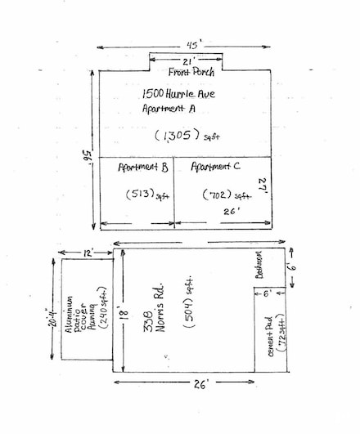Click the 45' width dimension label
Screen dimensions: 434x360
tap(188, 46)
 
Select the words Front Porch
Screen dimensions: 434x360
tap(191, 72)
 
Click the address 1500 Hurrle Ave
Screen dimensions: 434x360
tap(178, 95)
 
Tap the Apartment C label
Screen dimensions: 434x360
tap(215, 167)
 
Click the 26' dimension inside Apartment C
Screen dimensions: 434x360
tap(232, 210)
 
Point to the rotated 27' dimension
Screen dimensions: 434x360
tap(264, 187)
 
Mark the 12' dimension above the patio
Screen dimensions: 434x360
tap(87, 254)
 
